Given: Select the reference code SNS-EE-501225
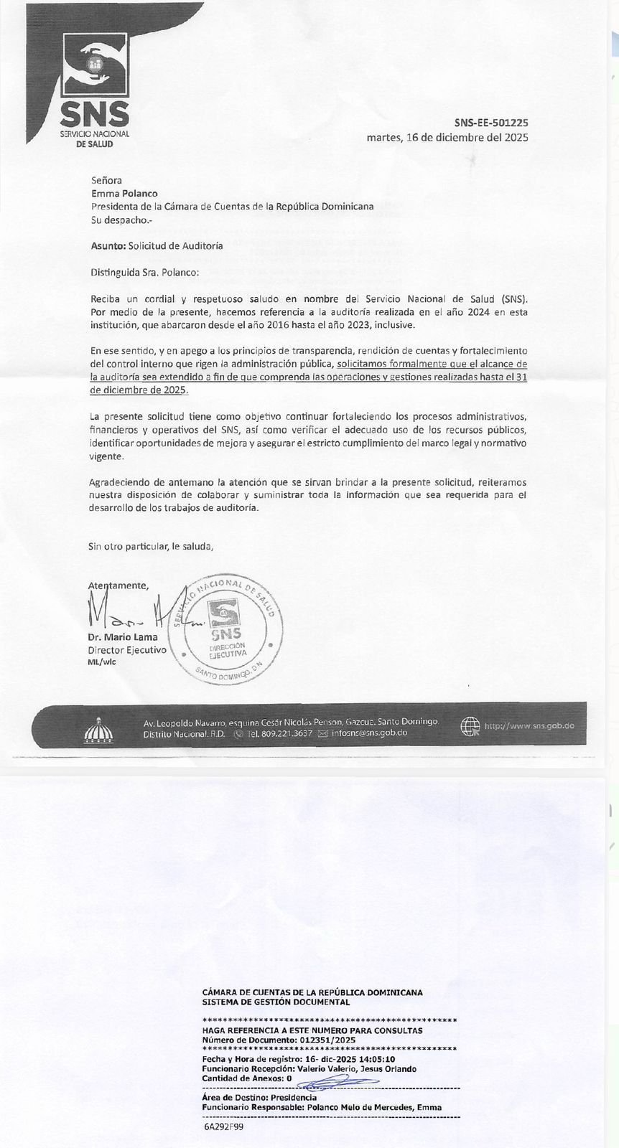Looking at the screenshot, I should point(491,123).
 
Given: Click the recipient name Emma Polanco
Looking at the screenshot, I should point(124,193).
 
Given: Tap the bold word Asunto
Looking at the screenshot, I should point(108,245).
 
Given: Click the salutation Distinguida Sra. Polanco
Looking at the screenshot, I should point(145,272).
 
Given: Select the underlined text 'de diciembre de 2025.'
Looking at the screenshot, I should point(139,390).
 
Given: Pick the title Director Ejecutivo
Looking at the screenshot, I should point(127,649).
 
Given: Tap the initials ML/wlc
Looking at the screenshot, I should point(101,662).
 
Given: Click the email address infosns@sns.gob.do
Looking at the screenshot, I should point(369,733).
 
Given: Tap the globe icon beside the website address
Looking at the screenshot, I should point(470,726).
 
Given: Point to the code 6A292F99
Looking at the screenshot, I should point(224,1126).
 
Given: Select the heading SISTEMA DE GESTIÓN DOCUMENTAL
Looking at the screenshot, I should point(276,1002).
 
